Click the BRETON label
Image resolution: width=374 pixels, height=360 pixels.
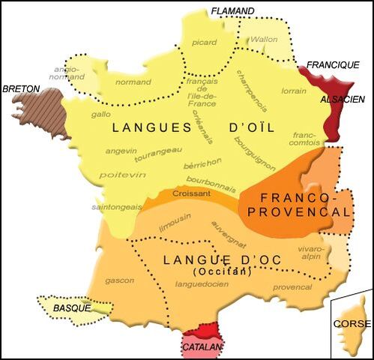[x=21, y=88]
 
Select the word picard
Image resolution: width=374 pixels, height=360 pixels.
[x=204, y=42]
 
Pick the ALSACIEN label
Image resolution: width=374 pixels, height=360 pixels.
[x=343, y=99]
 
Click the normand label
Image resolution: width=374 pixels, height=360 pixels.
[x=135, y=82]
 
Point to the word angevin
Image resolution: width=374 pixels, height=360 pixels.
[x=121, y=150]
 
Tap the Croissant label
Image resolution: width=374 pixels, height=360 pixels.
[x=187, y=193]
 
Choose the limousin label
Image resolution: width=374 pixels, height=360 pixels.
[x=178, y=221]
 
